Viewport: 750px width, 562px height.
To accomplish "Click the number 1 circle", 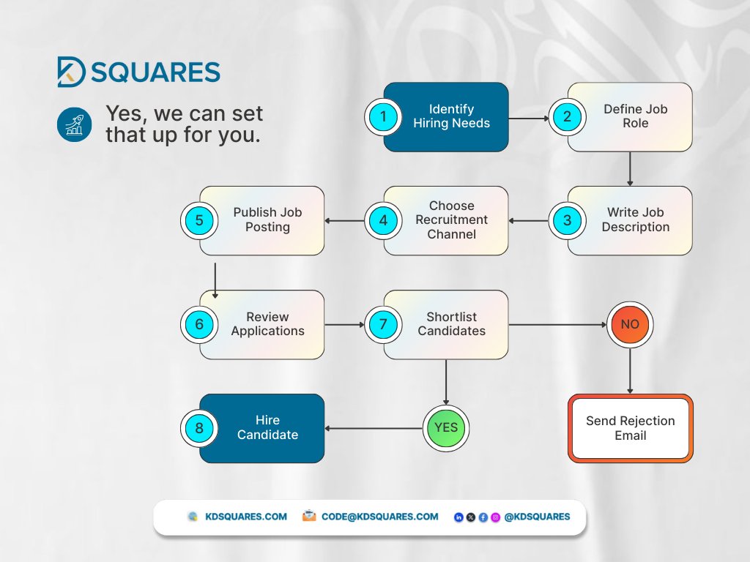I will tap(382, 117).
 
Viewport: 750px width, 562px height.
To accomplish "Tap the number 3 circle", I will tap(566, 220).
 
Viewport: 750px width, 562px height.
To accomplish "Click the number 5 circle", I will tap(198, 220).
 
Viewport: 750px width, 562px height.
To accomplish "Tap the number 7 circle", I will tap(382, 324).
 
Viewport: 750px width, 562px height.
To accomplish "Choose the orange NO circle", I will tap(629, 324).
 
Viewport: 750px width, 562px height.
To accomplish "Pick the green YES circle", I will tap(446, 428).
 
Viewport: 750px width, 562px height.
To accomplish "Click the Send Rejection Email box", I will tap(630, 428).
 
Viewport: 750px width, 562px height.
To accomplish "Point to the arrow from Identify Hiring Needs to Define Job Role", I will tap(529, 117).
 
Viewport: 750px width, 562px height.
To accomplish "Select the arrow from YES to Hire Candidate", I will tap(374, 428).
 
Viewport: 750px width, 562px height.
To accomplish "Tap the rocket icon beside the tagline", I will tap(73, 125).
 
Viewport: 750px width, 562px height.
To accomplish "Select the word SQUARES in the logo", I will tap(156, 72).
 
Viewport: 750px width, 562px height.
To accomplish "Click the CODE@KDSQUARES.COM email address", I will tap(379, 517).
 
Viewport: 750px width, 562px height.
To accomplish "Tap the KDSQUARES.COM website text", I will tap(245, 517).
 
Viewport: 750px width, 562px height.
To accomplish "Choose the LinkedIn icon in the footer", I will tap(458, 517).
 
